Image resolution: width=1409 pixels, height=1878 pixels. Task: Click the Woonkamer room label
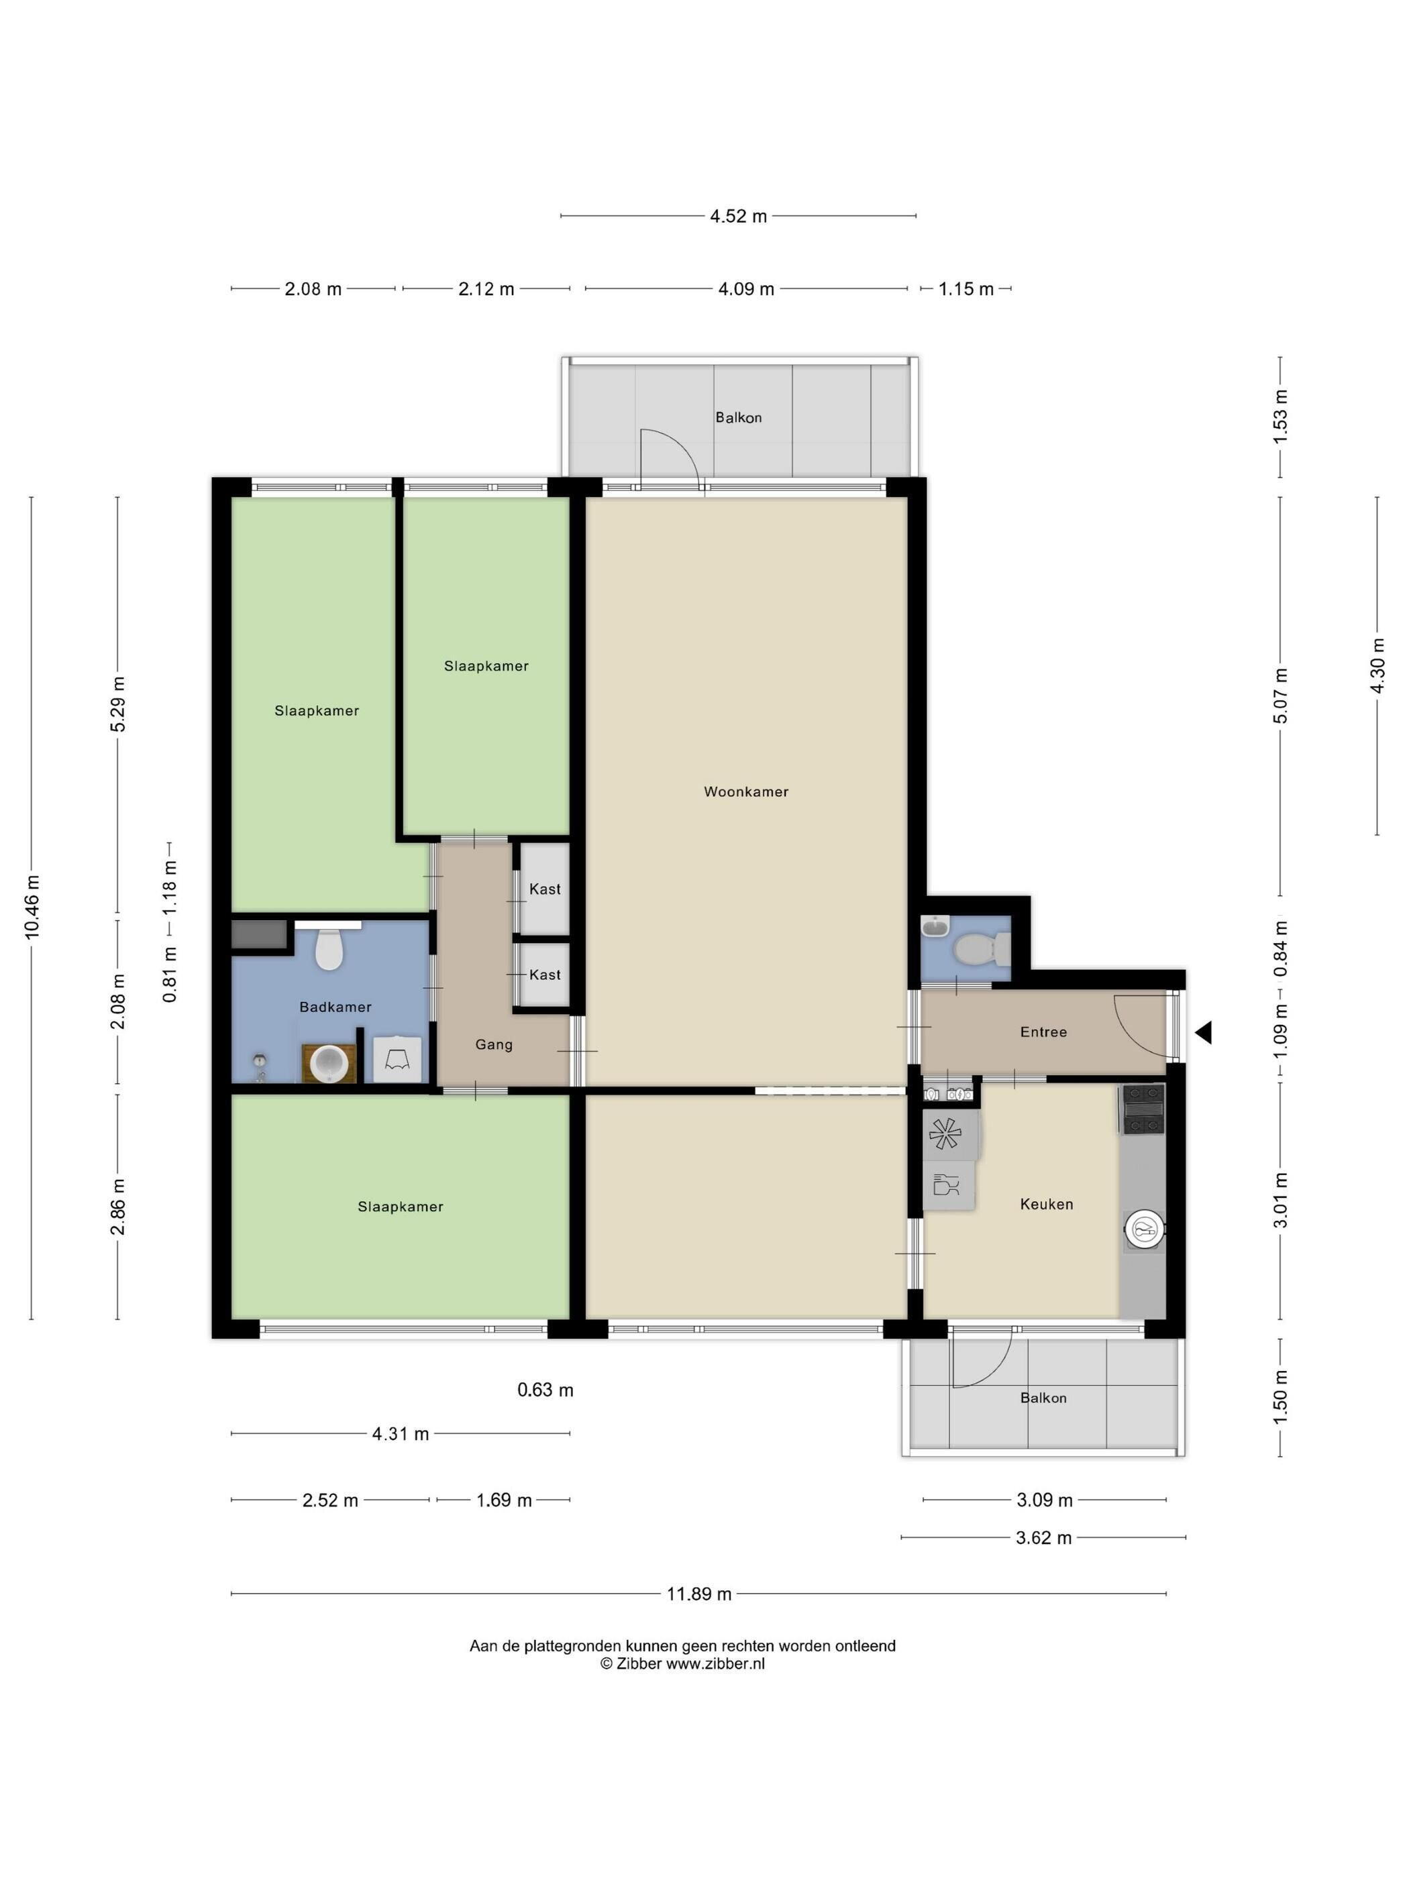pos(745,791)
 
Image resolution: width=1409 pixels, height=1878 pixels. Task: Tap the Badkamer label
pos(335,1007)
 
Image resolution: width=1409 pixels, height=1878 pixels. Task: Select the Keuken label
pos(1046,1204)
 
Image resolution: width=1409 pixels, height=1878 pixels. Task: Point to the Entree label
pos(1043,1032)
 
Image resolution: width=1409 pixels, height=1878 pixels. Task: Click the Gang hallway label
pos(493,1045)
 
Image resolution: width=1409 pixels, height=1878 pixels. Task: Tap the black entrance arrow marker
pos(1202,1032)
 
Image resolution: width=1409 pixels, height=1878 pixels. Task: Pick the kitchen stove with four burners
pos(1143,1109)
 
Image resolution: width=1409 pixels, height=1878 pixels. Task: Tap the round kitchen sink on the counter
pos(1143,1229)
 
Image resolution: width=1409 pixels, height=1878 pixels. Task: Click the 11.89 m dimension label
pos(699,1594)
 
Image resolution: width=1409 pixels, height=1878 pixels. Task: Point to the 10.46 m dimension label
pos(32,906)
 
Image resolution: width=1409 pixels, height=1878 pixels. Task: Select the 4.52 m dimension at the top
pos(738,217)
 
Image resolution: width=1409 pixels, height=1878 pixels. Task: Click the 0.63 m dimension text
pos(545,1390)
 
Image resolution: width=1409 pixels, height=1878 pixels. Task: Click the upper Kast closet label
pos(544,889)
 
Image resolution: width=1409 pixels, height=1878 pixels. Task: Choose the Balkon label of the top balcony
pos(738,418)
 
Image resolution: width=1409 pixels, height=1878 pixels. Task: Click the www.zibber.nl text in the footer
pos(715,1664)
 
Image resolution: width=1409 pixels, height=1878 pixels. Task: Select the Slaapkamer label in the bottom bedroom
pos(400,1207)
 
